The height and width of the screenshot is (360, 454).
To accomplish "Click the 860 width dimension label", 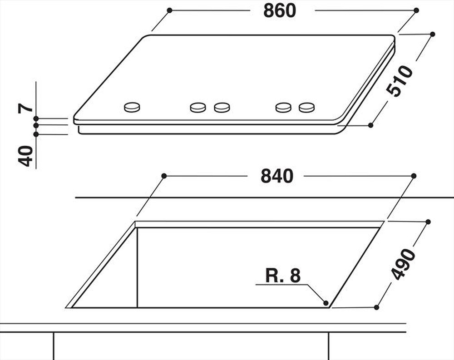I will point(280,10).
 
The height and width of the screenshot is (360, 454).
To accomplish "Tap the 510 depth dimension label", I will point(400,81).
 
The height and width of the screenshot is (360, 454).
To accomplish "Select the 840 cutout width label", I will point(277,176).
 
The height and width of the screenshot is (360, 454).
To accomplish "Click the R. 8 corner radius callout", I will point(283,276).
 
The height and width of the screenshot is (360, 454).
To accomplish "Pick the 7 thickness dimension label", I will point(26,108).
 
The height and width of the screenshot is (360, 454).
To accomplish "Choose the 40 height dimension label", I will point(26,156).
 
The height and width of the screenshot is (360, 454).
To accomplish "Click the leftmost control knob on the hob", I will point(132,107).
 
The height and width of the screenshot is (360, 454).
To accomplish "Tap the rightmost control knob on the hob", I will point(306,107).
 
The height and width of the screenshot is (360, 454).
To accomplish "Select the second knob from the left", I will point(198,107).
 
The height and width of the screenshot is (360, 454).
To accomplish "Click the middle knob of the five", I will point(222,107).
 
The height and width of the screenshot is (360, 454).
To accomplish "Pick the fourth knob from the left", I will point(283,107).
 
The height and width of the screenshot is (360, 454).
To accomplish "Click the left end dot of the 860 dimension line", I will point(169,10).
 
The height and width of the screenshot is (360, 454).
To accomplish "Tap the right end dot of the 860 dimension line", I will point(416,10).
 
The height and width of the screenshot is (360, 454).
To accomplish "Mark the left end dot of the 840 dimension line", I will point(164,176).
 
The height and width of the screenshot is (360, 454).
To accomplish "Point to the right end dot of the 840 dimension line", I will point(414,176).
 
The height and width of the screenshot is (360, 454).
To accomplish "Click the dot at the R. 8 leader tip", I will point(326,302).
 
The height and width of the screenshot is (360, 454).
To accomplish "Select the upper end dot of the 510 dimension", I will point(432,34).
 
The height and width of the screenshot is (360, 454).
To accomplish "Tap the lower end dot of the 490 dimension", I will point(377,307).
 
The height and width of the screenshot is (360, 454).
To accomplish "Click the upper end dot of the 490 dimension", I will point(428,222).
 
